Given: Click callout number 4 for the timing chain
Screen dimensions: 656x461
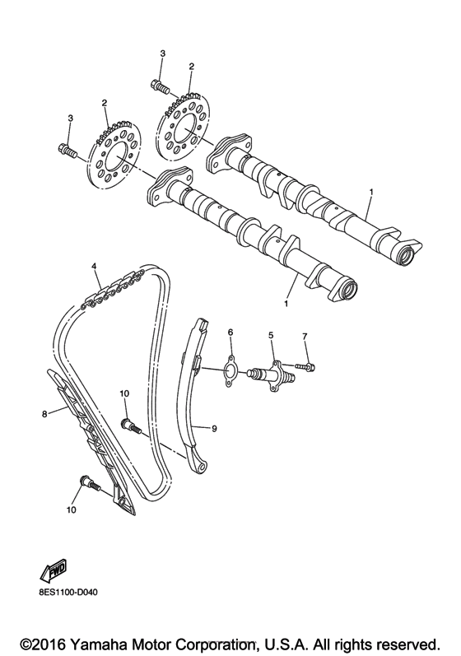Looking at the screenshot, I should [95, 267].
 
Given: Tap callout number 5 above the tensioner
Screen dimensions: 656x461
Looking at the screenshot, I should [269, 336].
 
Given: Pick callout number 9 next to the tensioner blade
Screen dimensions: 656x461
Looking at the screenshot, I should [212, 428].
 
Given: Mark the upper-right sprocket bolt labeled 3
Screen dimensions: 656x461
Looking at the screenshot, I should [160, 84].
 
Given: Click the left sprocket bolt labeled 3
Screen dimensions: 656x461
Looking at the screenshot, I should [68, 150].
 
